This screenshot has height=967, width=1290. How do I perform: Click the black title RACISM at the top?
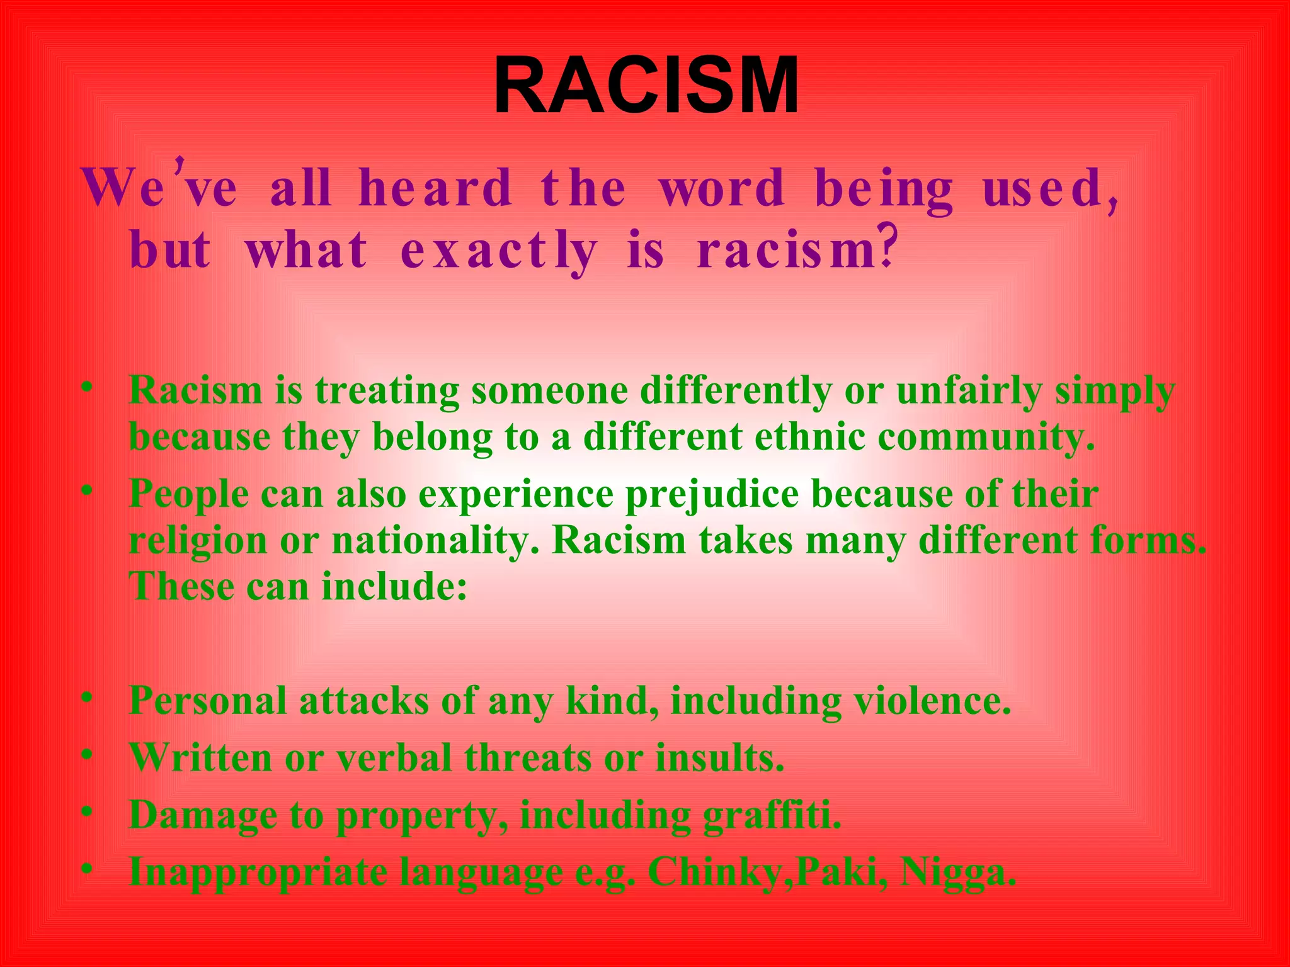[x=646, y=86]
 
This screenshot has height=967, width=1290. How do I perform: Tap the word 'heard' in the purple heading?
[x=435, y=188]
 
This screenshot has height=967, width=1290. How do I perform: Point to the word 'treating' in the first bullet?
[x=387, y=391]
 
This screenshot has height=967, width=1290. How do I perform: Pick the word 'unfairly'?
[x=969, y=391]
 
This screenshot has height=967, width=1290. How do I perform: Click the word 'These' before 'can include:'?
[x=181, y=587]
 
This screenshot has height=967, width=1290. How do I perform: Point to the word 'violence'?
[x=932, y=701]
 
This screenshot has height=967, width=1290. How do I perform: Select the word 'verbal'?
[x=394, y=757]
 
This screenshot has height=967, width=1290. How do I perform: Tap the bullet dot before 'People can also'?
[x=88, y=490]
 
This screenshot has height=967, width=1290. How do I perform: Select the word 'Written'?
[x=200, y=757]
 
